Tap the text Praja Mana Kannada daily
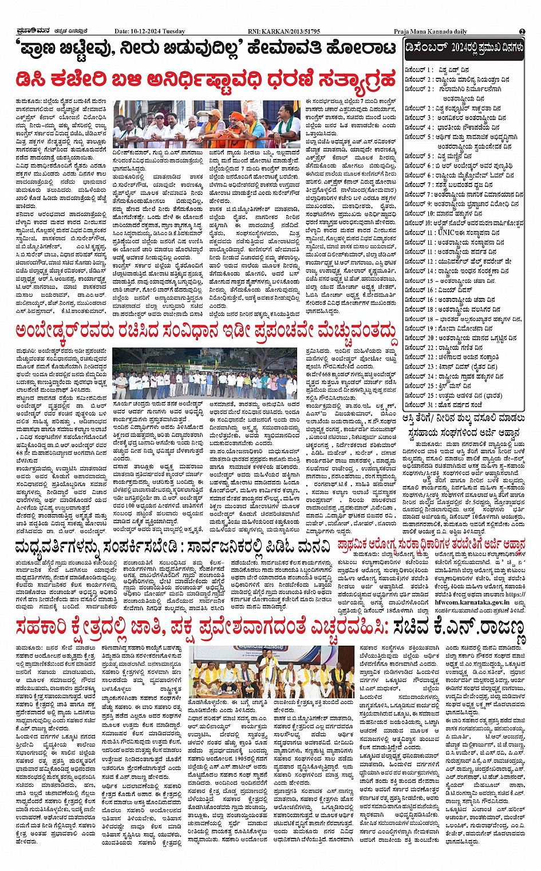point(430,31)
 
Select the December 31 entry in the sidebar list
point(452,405)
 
